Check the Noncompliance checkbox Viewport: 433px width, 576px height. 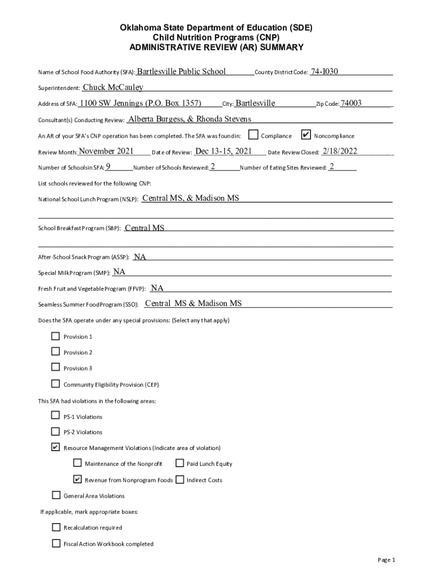[306, 135]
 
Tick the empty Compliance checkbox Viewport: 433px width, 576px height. [254, 135]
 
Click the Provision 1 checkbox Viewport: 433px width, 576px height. [55, 336]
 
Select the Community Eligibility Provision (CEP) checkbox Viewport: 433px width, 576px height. [55, 384]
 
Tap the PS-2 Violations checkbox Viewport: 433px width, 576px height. [55, 431]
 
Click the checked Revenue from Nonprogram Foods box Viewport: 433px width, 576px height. [78, 479]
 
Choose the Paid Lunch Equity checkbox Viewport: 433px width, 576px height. [179, 463]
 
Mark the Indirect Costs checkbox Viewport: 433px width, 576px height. [179, 479]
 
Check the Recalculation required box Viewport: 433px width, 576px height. [56, 527]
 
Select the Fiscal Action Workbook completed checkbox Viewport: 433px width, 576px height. [56, 543]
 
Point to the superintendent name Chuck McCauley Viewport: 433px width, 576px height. [113, 87]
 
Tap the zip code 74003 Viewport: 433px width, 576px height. [351, 103]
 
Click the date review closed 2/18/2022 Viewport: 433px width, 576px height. [340, 151]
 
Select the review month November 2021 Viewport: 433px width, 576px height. [106, 151]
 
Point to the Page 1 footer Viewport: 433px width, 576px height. [386, 560]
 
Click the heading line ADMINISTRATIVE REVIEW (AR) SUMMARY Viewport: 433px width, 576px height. [216, 47]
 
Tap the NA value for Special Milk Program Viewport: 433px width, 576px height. [119, 272]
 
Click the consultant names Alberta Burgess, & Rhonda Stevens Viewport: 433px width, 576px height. [190, 119]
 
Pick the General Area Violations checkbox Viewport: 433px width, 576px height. [56, 495]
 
